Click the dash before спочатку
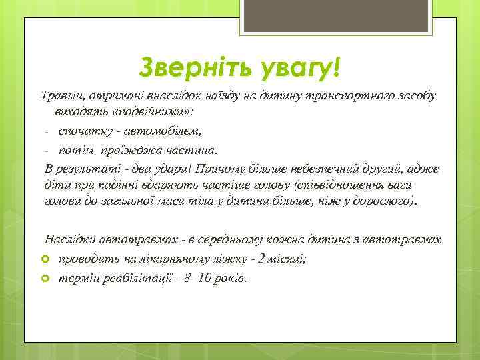46,131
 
